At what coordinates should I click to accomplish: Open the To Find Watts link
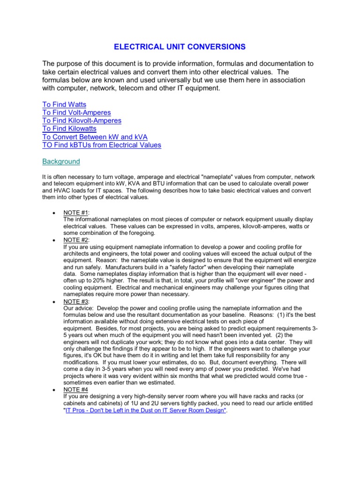(64, 105)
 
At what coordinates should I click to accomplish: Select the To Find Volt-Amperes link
(76, 112)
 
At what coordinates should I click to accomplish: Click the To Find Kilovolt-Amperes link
(82, 120)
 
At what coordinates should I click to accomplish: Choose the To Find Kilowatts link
(69, 128)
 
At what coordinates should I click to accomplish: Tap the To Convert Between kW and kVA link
(95, 136)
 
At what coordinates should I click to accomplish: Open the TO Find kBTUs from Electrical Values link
(102, 145)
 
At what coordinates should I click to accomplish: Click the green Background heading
(61, 161)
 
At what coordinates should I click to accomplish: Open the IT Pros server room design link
(146, 410)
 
